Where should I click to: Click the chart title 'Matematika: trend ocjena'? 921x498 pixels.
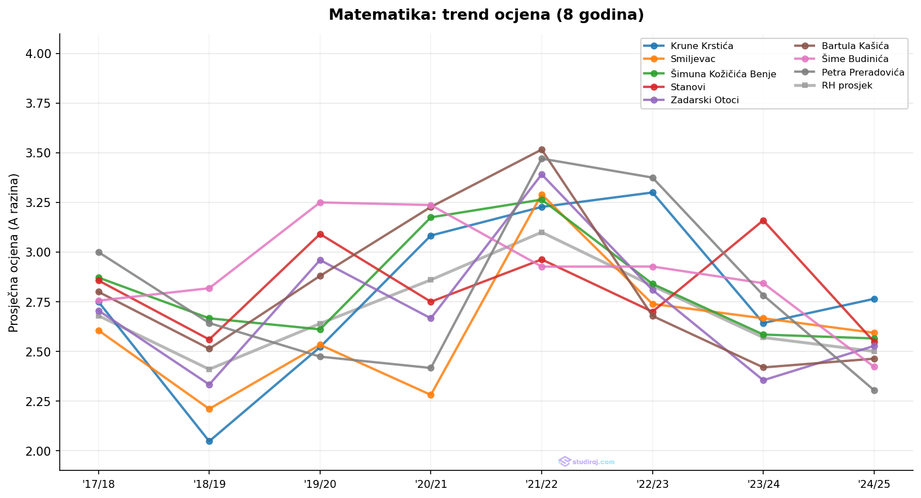[x=486, y=15]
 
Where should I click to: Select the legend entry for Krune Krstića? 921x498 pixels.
[x=702, y=46]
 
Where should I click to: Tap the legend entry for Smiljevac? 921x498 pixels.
[x=694, y=59]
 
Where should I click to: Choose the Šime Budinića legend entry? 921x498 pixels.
[x=854, y=59]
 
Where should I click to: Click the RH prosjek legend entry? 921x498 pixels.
[x=847, y=86]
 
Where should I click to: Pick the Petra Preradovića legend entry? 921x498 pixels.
[x=862, y=72]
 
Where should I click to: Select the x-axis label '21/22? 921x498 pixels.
[x=542, y=483]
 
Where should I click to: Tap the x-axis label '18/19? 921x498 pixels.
[x=209, y=483]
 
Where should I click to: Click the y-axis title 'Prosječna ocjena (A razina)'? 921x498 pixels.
[x=14, y=253]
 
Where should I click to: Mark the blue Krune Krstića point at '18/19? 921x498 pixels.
[x=209, y=441]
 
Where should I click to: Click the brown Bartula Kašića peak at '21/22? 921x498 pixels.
[x=542, y=150]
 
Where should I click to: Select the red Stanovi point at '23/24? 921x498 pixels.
[x=763, y=221]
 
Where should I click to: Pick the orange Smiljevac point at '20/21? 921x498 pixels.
[x=431, y=395]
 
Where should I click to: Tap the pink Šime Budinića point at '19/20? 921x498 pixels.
[x=320, y=202]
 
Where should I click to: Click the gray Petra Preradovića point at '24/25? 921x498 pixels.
[x=874, y=390]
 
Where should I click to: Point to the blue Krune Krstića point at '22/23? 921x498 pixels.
[x=653, y=192]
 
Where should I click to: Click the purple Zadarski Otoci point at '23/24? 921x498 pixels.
[x=763, y=380]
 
